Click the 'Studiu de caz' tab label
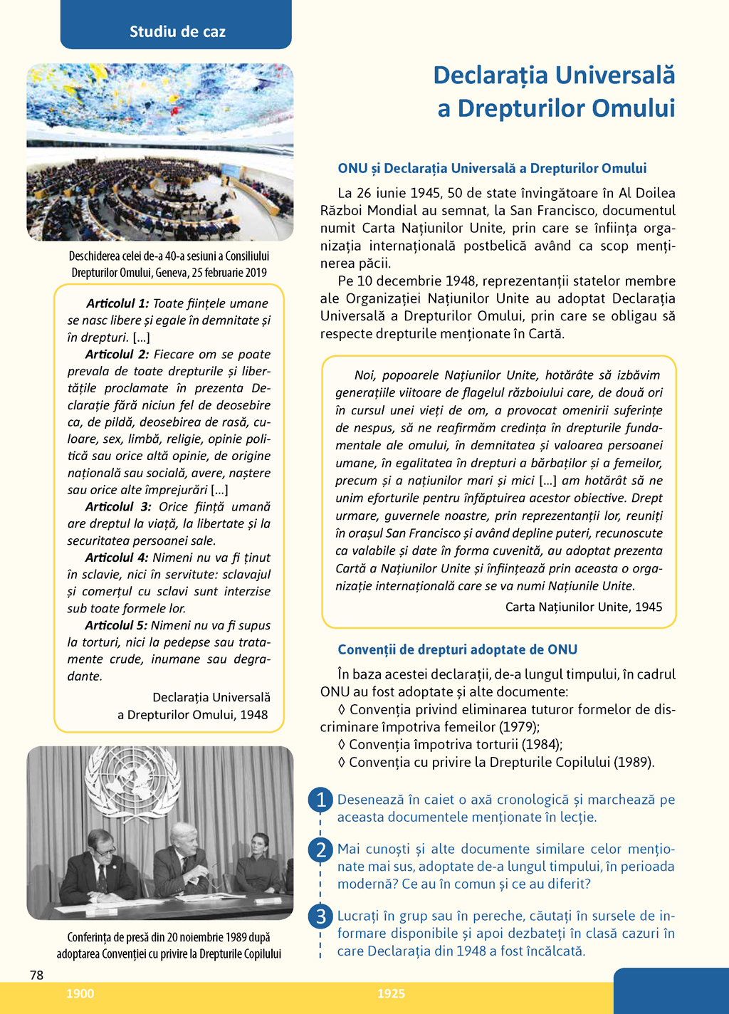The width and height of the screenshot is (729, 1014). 177,31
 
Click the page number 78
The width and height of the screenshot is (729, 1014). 37,975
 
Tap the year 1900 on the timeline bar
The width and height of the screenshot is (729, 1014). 80,993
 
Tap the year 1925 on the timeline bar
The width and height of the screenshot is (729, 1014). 391,993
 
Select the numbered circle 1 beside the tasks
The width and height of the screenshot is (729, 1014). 321,800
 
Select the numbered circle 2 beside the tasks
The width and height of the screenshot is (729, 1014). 321,850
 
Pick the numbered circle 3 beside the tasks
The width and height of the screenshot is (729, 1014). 321,916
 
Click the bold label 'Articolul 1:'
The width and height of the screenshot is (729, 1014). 117,303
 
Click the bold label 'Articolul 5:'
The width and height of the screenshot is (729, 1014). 116,625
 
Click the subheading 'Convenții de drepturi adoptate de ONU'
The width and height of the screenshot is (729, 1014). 457,649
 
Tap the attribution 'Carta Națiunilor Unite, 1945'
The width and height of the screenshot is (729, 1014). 584,607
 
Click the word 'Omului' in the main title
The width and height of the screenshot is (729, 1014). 634,108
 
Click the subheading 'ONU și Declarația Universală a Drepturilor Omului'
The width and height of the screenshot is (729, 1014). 492,168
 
